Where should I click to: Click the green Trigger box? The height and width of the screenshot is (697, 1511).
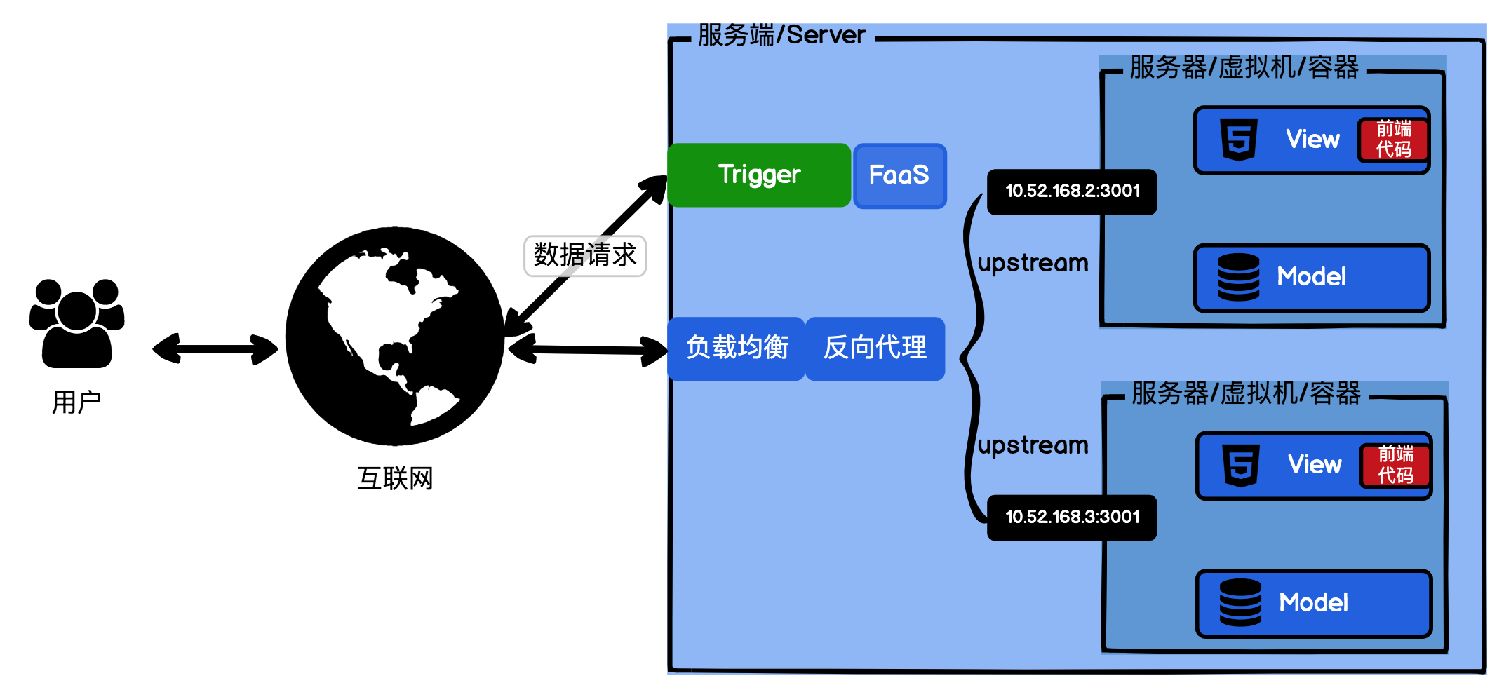coord(759,175)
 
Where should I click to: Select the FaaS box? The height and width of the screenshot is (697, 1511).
coord(899,175)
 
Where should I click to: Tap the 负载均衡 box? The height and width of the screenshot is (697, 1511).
coord(737,348)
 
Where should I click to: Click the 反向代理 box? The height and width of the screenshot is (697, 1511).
coord(875,348)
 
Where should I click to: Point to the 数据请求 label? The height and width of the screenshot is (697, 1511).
coord(585,255)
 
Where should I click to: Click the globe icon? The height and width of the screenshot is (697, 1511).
coord(395,336)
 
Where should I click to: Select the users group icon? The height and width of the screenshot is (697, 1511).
coord(77,323)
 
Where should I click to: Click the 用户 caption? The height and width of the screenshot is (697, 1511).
coord(76,402)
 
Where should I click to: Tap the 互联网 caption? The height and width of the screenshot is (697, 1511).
coord(395,479)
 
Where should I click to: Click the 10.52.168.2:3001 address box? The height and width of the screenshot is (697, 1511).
coord(1072,191)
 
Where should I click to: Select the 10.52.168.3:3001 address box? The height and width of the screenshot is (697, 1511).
coord(1072,517)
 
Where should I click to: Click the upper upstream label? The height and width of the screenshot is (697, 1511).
coord(1033,264)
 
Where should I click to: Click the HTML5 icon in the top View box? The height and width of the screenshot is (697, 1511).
coord(1239,140)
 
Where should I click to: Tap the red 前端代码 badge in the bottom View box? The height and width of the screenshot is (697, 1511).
coord(1395,466)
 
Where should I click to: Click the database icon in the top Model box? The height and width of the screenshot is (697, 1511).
coord(1238,277)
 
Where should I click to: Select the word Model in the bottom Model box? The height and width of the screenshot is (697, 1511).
coord(1313,603)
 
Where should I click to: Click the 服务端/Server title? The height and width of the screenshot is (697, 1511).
coord(781,35)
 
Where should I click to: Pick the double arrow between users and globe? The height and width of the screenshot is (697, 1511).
coord(215,348)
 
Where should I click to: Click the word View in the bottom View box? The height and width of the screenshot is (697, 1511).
coord(1315,465)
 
